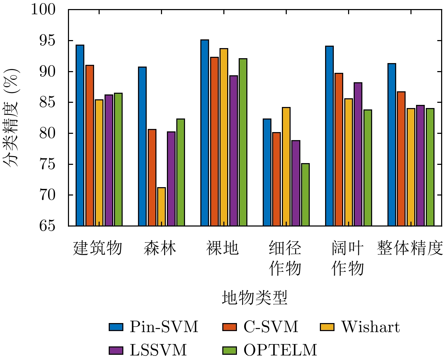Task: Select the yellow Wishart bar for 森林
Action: [x=161, y=207]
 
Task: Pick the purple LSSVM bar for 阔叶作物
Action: [x=358, y=154]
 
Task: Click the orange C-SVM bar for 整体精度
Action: [x=401, y=159]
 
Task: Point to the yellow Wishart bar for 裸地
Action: [x=224, y=137]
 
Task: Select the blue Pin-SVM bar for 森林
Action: [x=142, y=146]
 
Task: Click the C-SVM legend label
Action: [x=271, y=327]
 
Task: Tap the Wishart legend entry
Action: [x=370, y=327]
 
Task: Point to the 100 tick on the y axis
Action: [x=43, y=9]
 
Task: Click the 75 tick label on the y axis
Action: [x=47, y=164]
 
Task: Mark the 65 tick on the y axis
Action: [x=47, y=226]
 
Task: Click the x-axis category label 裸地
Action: [x=222, y=248]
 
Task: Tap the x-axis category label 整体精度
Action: [x=410, y=248]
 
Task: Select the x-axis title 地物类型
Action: [x=254, y=298]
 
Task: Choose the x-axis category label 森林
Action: [x=160, y=248]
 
